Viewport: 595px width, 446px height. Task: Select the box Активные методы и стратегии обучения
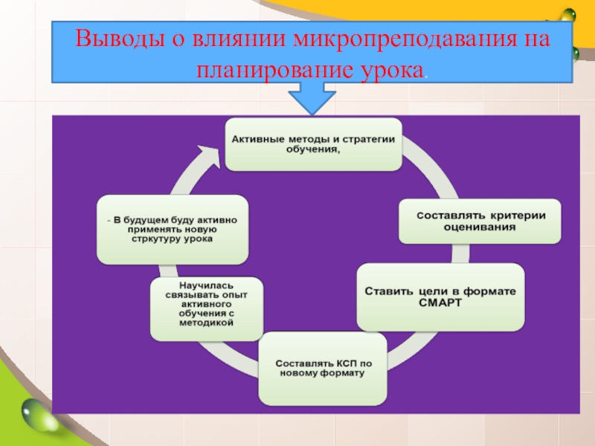[313, 143]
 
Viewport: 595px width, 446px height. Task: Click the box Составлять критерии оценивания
[479, 221]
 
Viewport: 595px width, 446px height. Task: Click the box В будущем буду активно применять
[173, 229]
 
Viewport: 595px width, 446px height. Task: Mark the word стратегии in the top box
[369, 138]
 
